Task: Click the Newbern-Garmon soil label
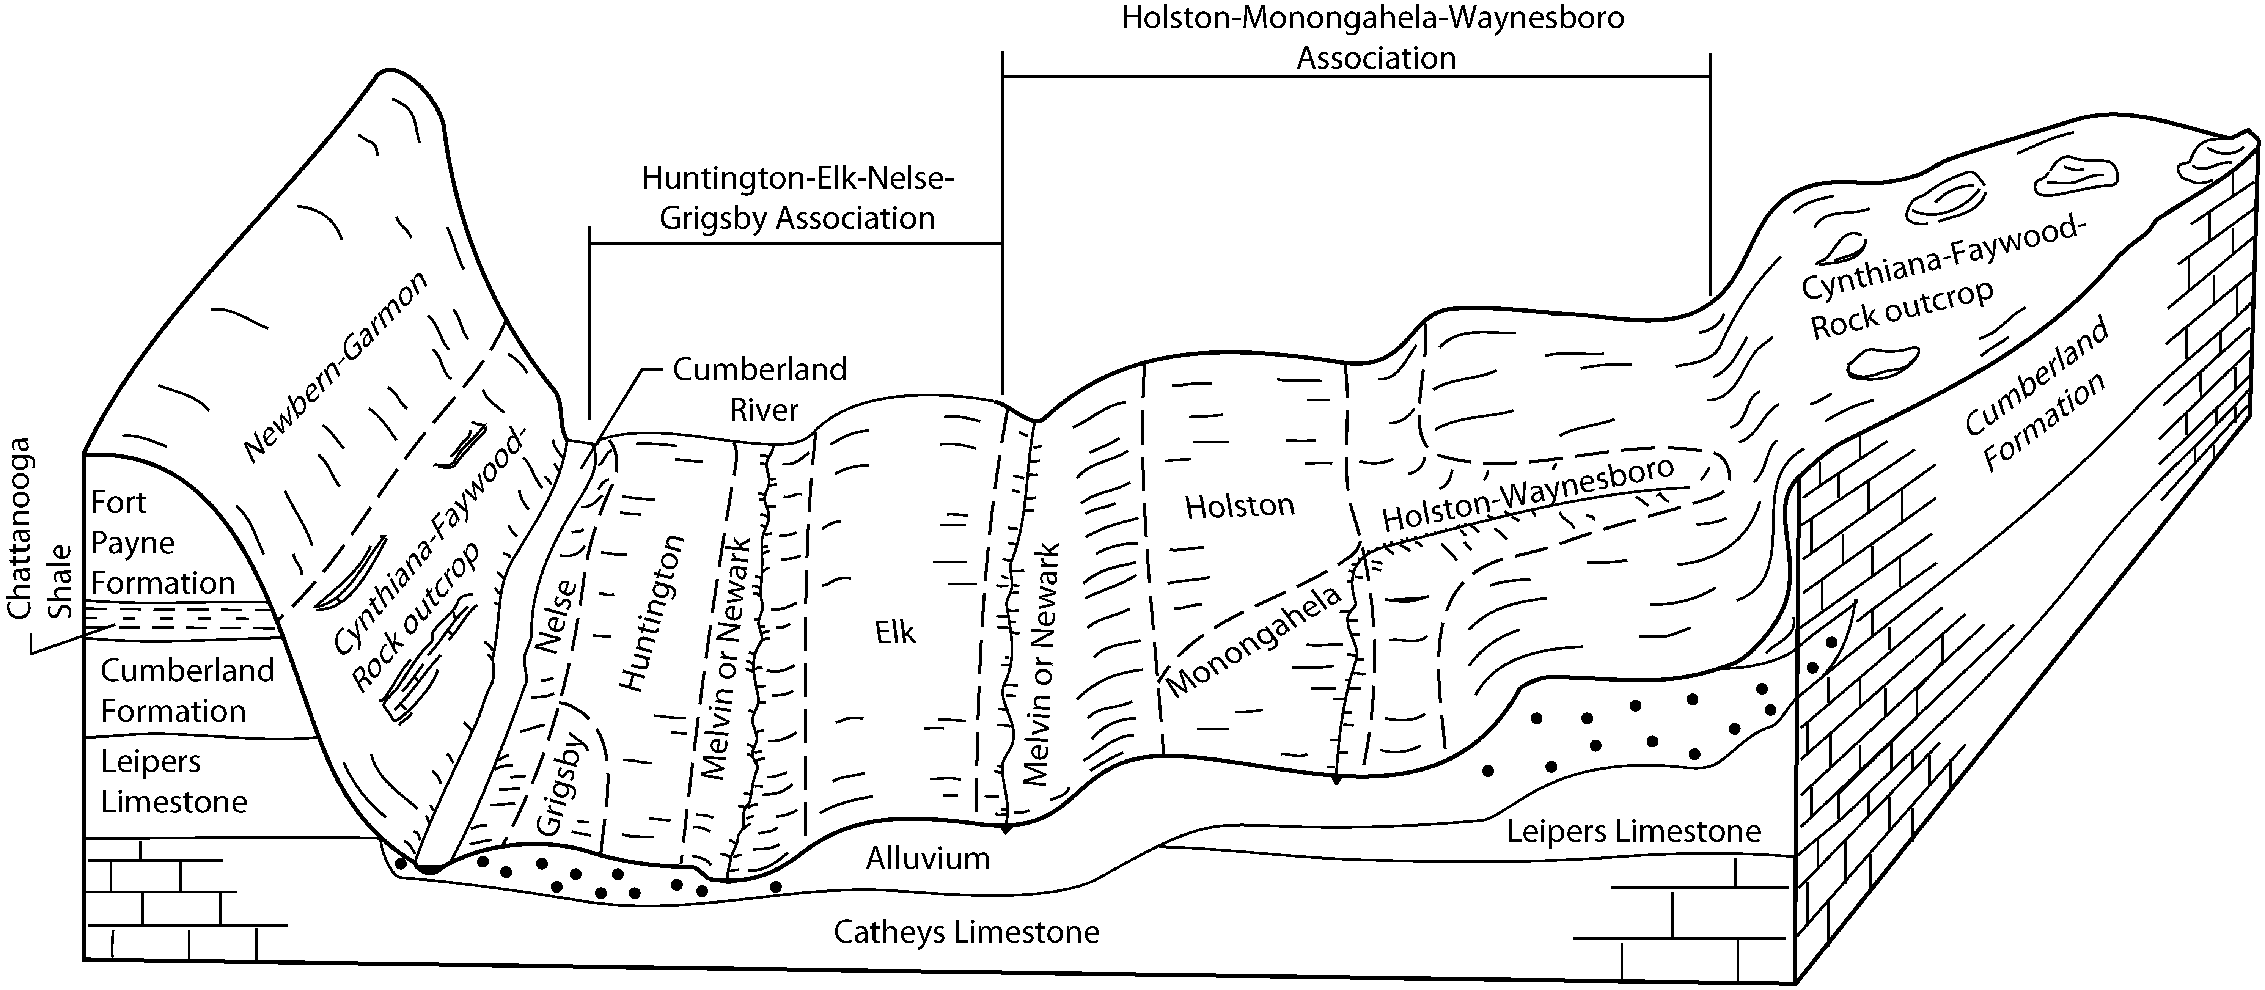pos(335,367)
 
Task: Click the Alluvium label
pos(927,858)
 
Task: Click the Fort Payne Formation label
pos(163,542)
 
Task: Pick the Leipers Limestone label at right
pos(1634,831)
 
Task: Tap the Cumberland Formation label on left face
pos(187,690)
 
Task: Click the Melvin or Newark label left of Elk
pos(729,659)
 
